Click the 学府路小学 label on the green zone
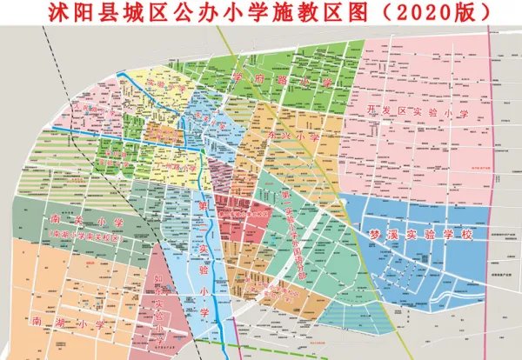pos(282,80)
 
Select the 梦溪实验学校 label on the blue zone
pos(418,235)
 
